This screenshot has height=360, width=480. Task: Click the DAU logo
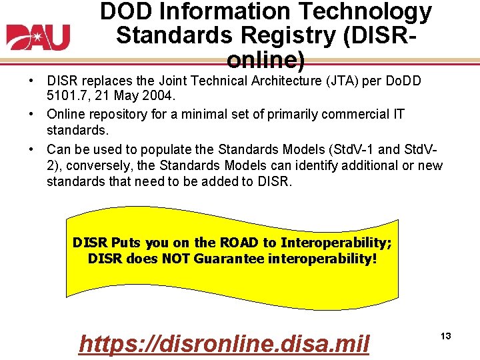(38, 37)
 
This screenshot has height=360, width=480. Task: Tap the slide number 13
(445, 336)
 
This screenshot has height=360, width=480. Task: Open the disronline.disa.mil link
(224, 344)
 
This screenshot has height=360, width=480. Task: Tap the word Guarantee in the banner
(229, 258)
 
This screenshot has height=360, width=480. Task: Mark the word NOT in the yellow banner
(176, 258)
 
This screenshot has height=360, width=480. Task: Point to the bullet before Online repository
(31, 113)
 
